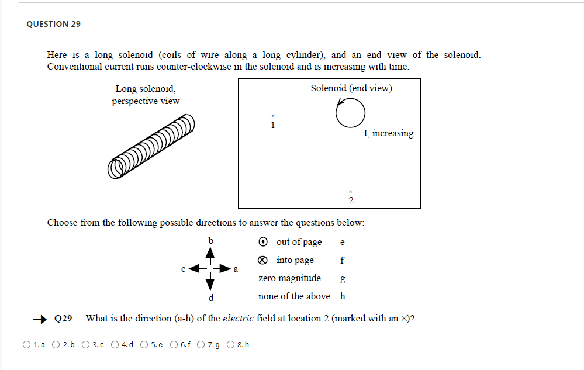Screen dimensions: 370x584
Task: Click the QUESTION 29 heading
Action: [54, 24]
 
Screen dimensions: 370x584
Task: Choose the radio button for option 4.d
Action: [115, 344]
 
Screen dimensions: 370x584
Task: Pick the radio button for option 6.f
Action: [174, 344]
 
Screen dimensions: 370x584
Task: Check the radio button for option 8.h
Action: [231, 344]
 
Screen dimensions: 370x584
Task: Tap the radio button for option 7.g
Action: [202, 344]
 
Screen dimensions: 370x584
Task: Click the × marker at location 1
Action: [272, 116]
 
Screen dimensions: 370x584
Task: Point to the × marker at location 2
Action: [350, 191]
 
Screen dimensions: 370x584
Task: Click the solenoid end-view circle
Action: [350, 113]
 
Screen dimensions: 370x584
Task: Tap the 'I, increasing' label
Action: [388, 133]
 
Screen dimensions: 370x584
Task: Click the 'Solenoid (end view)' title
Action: [351, 88]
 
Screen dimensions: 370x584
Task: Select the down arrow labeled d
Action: [210, 283]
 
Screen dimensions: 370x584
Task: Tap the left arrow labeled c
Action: [197, 269]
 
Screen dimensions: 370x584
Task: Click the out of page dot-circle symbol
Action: [264, 242]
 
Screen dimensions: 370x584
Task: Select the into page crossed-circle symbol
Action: [264, 261]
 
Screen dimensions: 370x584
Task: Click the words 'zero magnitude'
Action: [289, 278]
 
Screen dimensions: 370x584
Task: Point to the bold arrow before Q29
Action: [40, 319]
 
